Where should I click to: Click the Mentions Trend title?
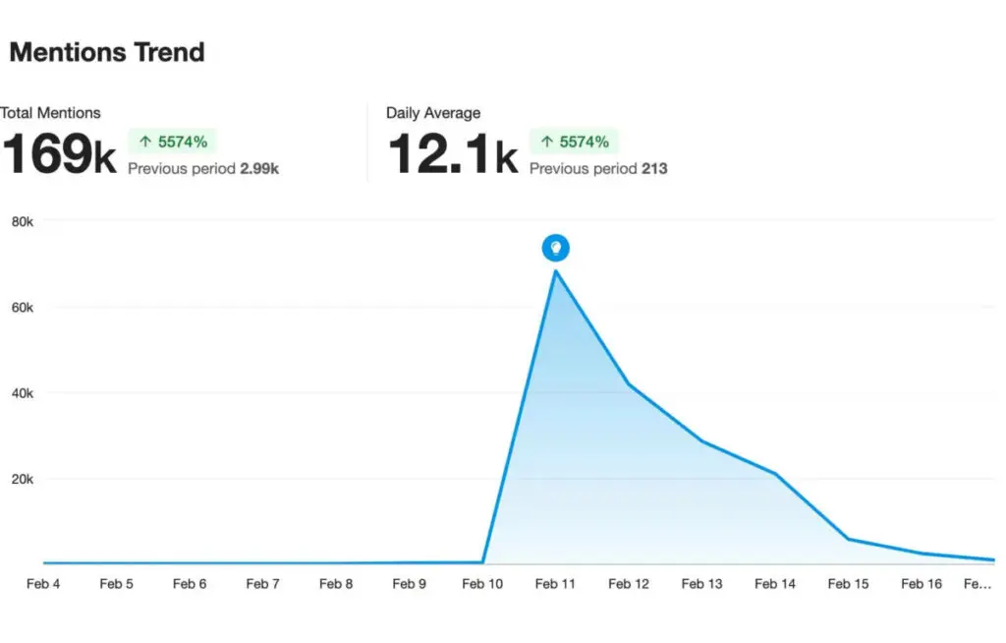point(107,52)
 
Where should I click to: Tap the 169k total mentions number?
point(59,155)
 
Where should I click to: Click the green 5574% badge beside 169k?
point(173,142)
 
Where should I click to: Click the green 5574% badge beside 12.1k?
point(575,142)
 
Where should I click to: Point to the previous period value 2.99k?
point(259,168)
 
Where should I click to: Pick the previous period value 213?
point(654,168)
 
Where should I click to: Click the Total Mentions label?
point(50,113)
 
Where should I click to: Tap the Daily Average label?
point(433,113)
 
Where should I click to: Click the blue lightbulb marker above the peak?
point(556,248)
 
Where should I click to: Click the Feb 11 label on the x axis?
point(555,584)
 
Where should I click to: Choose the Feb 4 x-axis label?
point(43,584)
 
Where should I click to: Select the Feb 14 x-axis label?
point(775,584)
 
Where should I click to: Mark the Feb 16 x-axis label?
point(922,584)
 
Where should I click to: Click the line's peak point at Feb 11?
point(556,270)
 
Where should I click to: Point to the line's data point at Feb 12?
point(629,383)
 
